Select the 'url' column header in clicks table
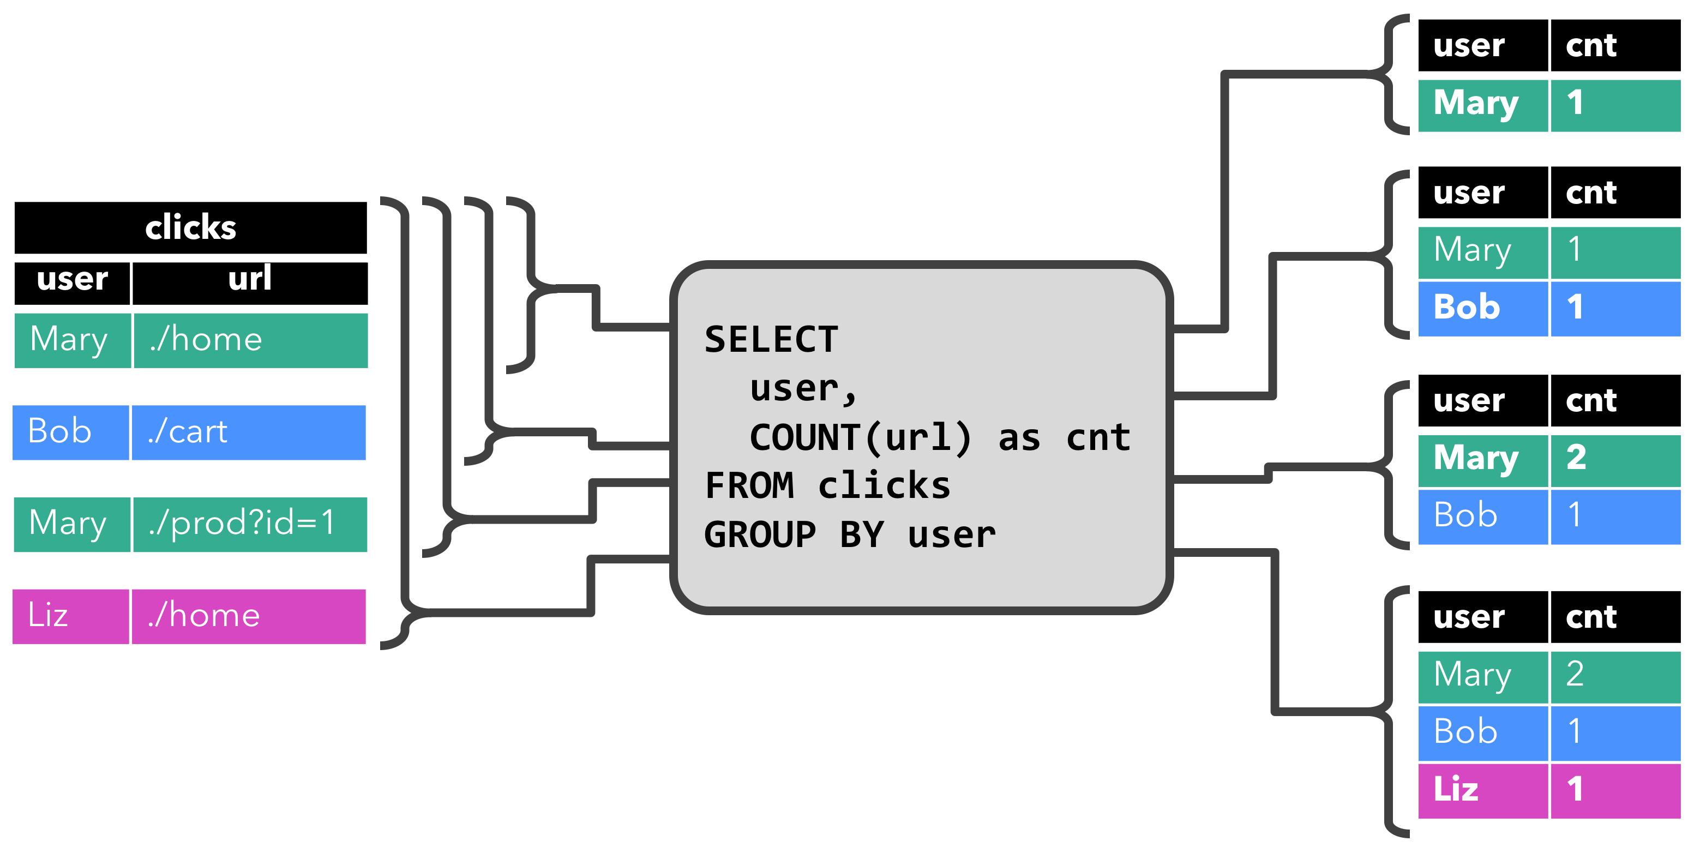click(x=249, y=279)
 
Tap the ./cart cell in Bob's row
click(x=248, y=432)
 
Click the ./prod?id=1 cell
click(x=249, y=524)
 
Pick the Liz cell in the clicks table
click(x=70, y=616)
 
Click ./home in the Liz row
click(x=248, y=616)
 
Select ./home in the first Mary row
click(x=250, y=340)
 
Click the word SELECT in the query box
click(x=771, y=340)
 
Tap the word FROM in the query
click(x=748, y=486)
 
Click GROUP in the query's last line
click(x=760, y=534)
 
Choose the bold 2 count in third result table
click(x=1614, y=458)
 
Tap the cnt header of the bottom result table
click(x=1614, y=617)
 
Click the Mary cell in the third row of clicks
click(x=71, y=524)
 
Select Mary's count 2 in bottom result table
click(x=1614, y=675)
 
